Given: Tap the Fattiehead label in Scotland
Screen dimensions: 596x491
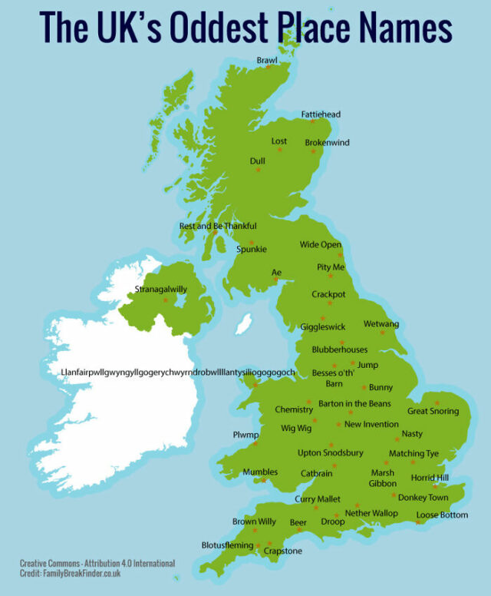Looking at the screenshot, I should (x=320, y=114).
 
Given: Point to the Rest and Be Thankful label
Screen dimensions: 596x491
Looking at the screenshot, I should (x=217, y=226).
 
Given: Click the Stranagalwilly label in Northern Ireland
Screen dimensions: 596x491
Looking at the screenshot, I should (x=160, y=289).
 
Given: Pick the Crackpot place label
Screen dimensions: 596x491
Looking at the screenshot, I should (x=328, y=294).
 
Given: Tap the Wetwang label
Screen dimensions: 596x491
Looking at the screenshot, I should (x=381, y=324).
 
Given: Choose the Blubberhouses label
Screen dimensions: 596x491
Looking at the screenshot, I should (x=339, y=349).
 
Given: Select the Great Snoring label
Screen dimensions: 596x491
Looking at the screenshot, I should (x=433, y=411).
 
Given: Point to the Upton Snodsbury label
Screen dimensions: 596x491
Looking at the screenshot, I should (x=330, y=453).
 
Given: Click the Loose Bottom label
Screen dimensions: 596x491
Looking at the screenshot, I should (x=441, y=515).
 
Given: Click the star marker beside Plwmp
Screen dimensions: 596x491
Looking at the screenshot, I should (x=254, y=444).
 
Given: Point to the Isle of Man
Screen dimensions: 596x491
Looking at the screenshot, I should (x=243, y=324).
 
